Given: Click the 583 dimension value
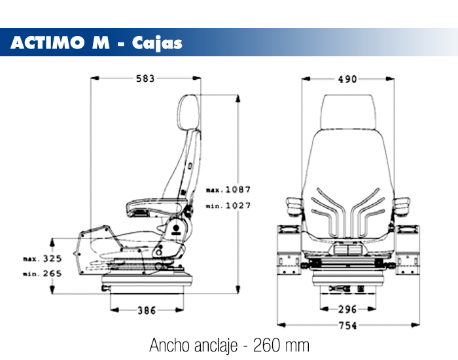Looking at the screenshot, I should [145, 79].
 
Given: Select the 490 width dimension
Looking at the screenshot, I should [347, 79].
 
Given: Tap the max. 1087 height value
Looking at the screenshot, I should [229, 190].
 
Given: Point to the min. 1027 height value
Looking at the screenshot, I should [229, 206].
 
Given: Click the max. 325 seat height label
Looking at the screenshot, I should [42, 259].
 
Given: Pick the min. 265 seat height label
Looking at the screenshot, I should [42, 273].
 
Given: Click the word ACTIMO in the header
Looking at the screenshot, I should [46, 43].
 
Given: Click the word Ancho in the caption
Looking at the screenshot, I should [169, 344].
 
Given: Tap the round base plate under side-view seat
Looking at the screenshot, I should [150, 282].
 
